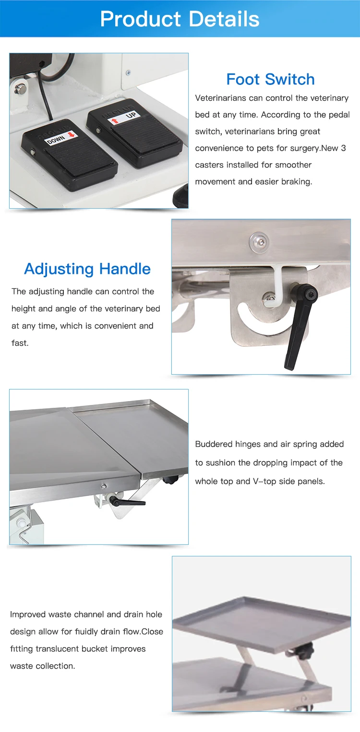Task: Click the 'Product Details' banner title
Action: [x=180, y=19]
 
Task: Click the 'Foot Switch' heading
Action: [x=270, y=79]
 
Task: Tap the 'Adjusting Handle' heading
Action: [x=87, y=269]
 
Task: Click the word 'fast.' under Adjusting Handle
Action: [x=20, y=343]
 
